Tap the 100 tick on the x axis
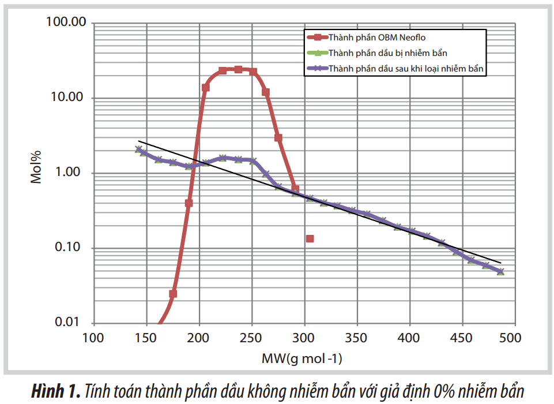(x=93, y=336)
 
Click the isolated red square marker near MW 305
(x=310, y=238)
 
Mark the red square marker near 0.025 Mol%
(x=173, y=294)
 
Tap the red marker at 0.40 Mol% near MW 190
(x=189, y=203)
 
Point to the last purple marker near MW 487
(x=500, y=271)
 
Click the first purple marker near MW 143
(x=138, y=149)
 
